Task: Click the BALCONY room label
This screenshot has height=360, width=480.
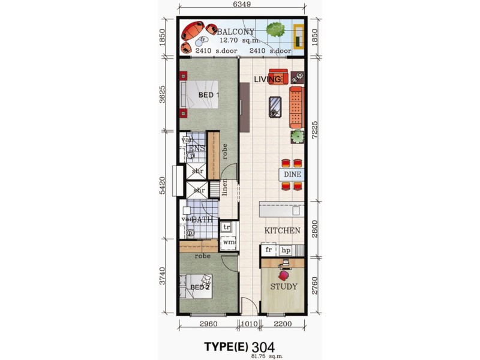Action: click(237, 32)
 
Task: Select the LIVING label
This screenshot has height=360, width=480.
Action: click(267, 79)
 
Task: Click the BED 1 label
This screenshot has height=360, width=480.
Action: click(208, 95)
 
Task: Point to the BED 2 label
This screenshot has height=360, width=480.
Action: click(199, 287)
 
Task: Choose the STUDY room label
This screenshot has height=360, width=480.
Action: click(283, 286)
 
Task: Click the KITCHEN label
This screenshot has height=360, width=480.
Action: click(283, 230)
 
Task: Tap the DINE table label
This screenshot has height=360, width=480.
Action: click(293, 175)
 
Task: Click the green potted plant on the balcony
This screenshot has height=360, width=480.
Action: click(276, 30)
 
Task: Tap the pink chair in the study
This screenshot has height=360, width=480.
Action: click(283, 273)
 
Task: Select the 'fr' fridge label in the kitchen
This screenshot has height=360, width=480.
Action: click(269, 250)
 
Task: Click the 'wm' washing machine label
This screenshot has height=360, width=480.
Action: click(228, 242)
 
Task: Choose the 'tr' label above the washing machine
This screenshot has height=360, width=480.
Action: click(227, 227)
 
